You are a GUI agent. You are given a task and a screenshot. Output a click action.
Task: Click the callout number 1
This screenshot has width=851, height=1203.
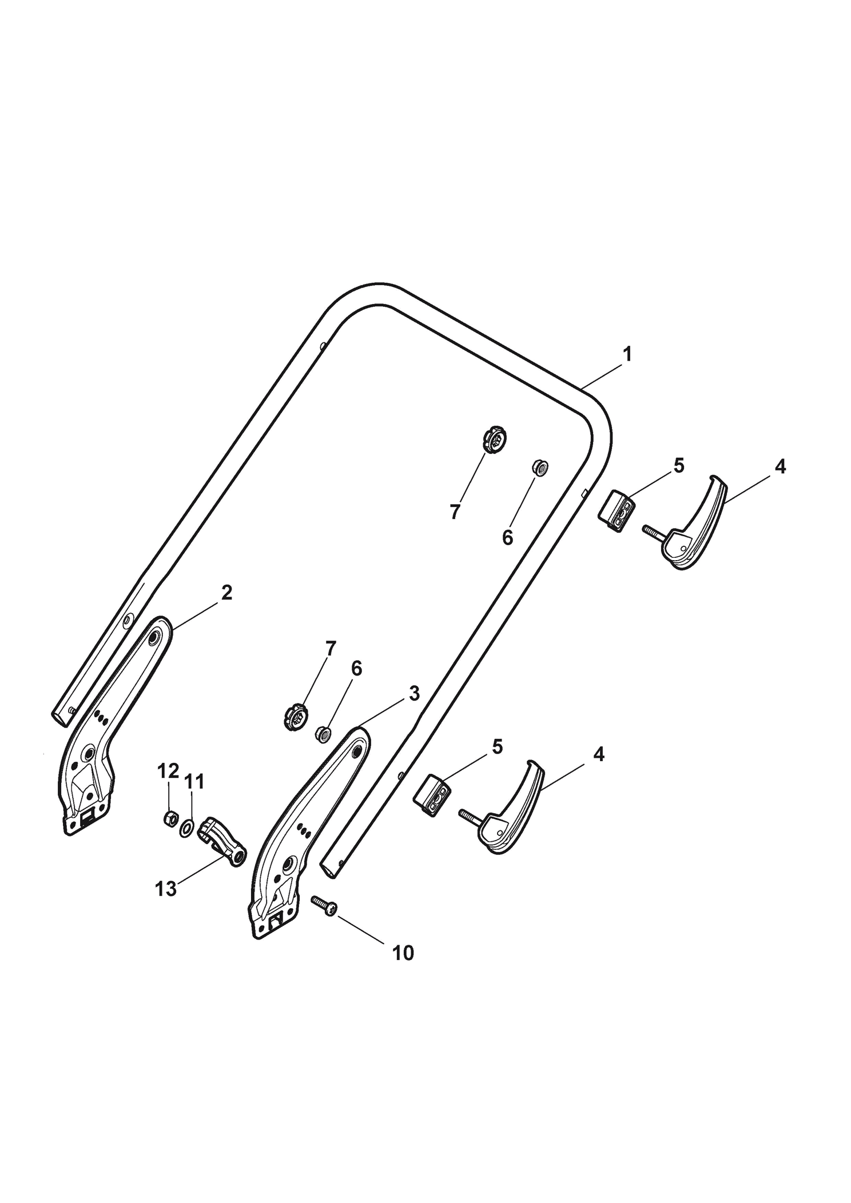click(627, 354)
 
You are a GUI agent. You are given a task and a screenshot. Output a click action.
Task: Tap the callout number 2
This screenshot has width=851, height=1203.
click(227, 593)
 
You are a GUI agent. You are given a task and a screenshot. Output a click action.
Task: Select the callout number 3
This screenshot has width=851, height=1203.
click(414, 693)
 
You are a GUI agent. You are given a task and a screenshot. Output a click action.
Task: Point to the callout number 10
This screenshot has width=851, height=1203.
click(403, 953)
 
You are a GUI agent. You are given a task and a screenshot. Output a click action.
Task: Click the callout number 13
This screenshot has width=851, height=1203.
click(166, 889)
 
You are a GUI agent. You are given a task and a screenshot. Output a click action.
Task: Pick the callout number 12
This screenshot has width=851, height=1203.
click(168, 771)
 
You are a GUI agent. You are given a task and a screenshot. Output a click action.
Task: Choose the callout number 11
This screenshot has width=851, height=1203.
click(194, 781)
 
